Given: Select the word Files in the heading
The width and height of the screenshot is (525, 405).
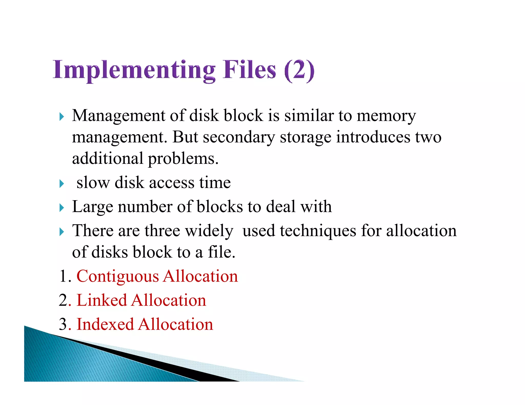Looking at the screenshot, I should point(249,69).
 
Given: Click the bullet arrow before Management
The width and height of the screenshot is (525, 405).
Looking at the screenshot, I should point(62,117).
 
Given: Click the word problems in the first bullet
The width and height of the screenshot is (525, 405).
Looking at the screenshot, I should point(183,159).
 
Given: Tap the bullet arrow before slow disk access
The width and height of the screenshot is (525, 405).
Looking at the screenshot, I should point(62,184).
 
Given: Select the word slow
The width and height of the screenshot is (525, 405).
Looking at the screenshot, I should point(93,183).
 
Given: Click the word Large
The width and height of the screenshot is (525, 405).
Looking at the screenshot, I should point(93,207).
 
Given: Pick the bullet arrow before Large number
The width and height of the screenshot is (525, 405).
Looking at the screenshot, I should point(62,208).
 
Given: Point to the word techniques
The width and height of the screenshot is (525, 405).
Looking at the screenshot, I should point(318,231).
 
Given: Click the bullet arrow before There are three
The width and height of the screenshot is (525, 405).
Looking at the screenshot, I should point(62,232).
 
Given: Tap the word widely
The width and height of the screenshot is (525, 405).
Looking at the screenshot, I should point(209,231).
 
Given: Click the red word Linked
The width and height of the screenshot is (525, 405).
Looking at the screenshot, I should point(102,300).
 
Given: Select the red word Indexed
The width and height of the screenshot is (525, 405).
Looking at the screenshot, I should point(105,324).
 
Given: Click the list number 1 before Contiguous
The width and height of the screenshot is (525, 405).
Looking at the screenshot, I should point(63,276).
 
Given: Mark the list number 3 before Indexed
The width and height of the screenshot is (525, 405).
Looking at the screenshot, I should point(63,324).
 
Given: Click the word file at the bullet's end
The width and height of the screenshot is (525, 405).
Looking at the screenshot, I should point(220,252).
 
